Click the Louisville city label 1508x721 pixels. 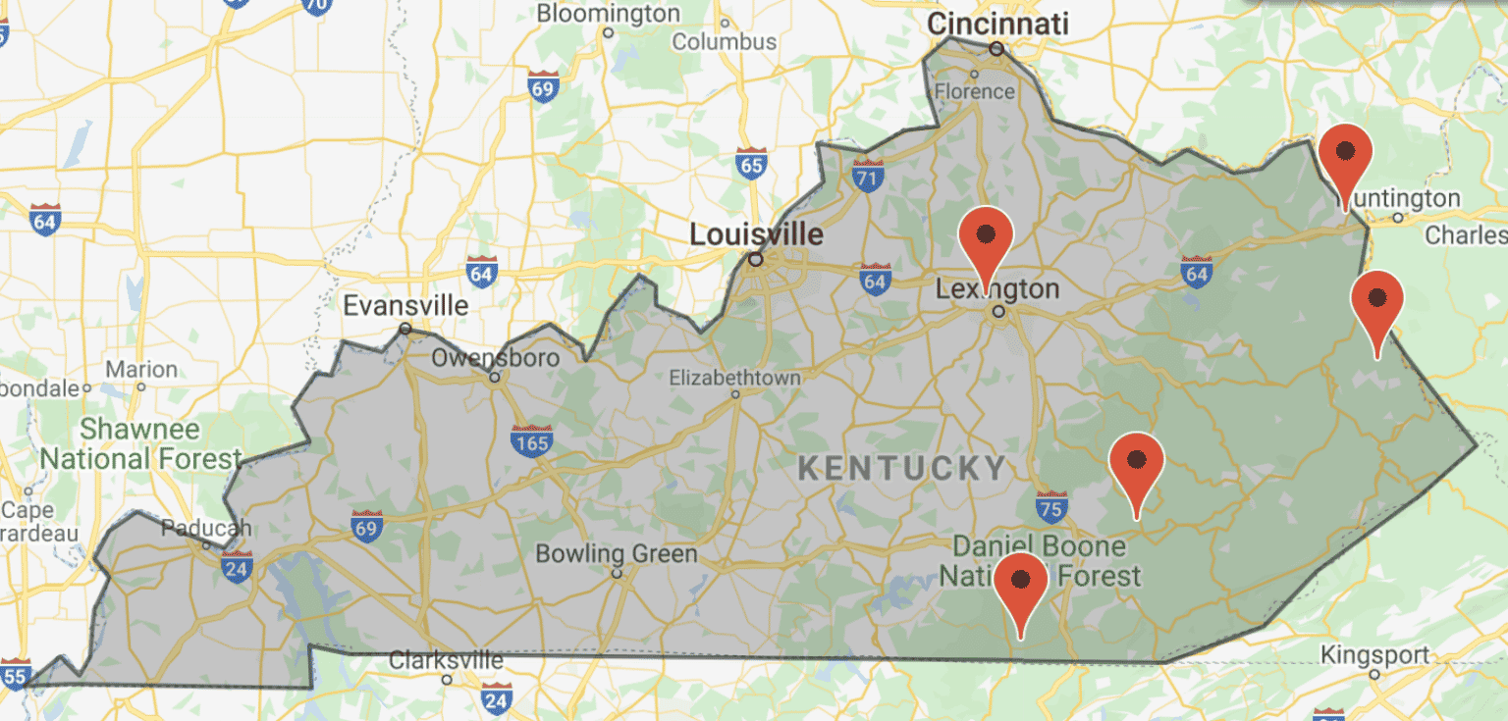click(756, 234)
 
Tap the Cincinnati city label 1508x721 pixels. click(997, 24)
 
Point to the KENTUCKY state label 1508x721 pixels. click(902, 468)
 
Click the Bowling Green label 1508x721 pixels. click(616, 554)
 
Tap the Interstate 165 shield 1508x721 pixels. click(531, 441)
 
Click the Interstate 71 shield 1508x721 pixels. click(867, 178)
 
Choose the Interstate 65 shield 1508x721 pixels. click(751, 164)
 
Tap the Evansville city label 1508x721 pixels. click(405, 305)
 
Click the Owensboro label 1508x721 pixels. click(495, 358)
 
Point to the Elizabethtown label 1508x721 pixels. click(734, 378)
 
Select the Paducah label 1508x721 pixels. click(206, 528)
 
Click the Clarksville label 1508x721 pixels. click(447, 660)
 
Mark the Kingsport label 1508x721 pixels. click(1374, 654)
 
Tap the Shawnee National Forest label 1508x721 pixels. click(139, 443)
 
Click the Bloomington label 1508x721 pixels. click(608, 14)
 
